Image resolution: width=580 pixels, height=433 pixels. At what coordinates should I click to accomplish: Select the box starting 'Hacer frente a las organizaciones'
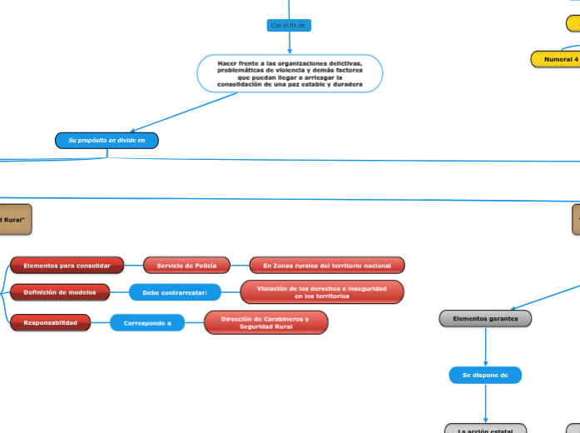click(x=290, y=74)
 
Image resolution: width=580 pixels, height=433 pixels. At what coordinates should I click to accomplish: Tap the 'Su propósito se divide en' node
click(x=107, y=141)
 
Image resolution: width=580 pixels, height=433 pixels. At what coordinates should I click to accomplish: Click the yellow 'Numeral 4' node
click(x=556, y=59)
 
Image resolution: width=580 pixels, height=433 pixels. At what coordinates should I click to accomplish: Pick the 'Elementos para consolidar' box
click(x=67, y=266)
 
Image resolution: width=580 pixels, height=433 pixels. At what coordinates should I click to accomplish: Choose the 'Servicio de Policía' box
click(x=186, y=266)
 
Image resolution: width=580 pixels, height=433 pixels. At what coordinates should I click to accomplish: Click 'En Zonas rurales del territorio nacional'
click(x=327, y=266)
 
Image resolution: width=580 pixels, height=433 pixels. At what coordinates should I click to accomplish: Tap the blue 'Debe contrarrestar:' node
click(x=175, y=292)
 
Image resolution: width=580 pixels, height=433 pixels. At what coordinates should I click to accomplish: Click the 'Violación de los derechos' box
click(x=322, y=292)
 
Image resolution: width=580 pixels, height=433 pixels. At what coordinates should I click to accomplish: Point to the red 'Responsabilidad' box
click(x=51, y=322)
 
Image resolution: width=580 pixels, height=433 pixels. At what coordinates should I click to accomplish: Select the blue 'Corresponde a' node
click(x=147, y=323)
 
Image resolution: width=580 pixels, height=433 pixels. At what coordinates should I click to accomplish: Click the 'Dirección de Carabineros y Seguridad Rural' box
click(x=265, y=322)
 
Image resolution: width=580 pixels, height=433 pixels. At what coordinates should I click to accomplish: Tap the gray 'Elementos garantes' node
click(x=485, y=318)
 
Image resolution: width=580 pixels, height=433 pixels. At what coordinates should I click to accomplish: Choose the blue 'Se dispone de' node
click(x=485, y=376)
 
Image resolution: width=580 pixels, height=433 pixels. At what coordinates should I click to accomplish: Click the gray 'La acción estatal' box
click(x=485, y=429)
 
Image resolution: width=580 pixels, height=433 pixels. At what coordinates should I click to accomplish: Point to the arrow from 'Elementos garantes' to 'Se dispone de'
click(x=485, y=346)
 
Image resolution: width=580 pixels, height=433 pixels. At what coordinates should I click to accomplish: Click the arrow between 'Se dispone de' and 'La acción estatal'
click(x=485, y=404)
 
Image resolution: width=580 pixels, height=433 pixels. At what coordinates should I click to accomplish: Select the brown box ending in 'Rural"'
click(x=15, y=220)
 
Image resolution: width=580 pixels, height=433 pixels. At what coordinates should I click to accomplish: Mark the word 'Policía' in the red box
click(x=201, y=266)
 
